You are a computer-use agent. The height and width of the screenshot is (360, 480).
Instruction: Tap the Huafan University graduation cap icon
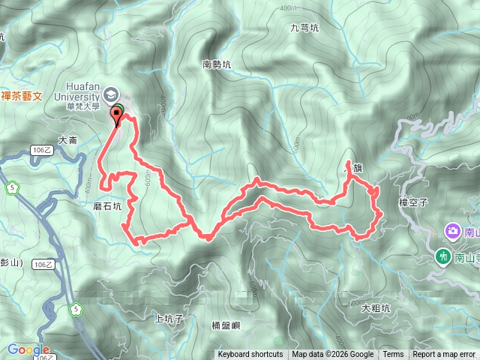pos(112,94)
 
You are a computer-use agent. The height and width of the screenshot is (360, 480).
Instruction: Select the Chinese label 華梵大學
pos(82,106)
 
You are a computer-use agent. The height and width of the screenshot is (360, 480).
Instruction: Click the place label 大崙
pos(67,140)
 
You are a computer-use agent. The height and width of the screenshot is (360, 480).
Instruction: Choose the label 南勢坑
pos(217,65)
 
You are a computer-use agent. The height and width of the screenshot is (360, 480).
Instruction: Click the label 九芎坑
pos(304,28)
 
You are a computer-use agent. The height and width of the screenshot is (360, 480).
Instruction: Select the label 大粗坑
pos(376,307)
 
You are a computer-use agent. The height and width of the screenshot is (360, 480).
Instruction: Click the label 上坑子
pos(169,318)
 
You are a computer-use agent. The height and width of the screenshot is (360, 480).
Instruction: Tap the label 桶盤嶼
pos(226,325)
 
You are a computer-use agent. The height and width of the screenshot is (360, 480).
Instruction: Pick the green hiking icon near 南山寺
pos(444,257)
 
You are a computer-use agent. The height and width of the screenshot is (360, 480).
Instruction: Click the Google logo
pos(28,349)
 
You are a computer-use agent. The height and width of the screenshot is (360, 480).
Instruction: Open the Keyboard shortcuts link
pos(250,355)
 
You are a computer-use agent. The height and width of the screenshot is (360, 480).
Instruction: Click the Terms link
pos(393,355)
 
